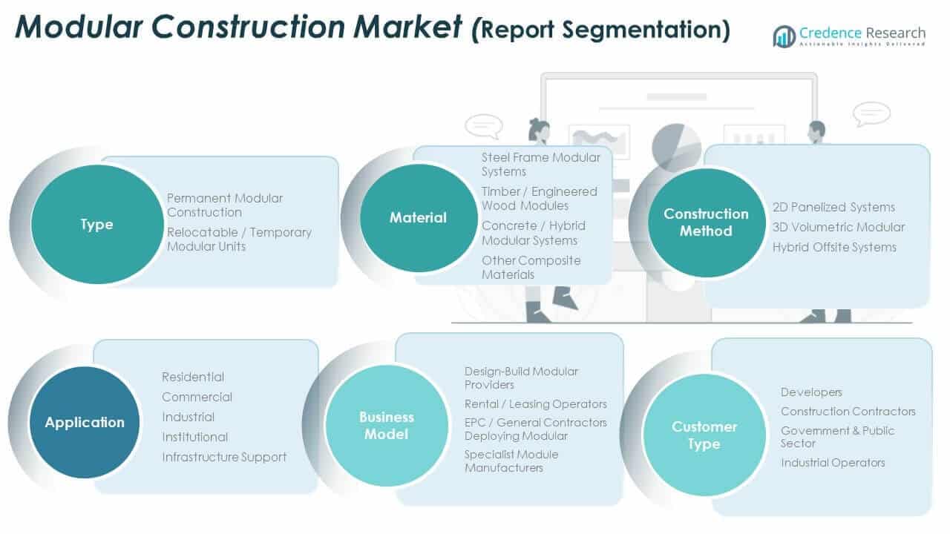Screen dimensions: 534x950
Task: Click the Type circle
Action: [96, 224]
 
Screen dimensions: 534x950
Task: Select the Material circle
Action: [419, 217]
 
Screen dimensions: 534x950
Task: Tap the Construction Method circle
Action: [706, 222]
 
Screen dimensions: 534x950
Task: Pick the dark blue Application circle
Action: [85, 422]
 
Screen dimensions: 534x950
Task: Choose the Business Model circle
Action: [387, 426]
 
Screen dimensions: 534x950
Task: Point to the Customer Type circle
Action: [704, 435]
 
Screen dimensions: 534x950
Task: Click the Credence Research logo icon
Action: [784, 36]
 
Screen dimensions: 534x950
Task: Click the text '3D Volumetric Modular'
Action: [839, 227]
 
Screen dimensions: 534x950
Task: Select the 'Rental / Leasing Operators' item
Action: [535, 404]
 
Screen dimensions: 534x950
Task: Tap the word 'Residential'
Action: [193, 377]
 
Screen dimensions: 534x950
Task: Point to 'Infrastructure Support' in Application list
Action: [224, 457]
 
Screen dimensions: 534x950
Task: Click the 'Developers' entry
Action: [811, 392]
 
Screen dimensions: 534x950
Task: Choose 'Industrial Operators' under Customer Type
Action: [833, 463]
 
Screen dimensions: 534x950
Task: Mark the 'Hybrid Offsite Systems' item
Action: [834, 247]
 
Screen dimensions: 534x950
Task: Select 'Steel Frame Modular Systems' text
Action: [541, 164]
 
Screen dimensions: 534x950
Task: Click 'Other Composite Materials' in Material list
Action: [531, 267]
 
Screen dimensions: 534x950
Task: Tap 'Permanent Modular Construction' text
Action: [225, 205]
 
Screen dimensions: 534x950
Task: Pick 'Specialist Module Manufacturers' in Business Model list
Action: [511, 461]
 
